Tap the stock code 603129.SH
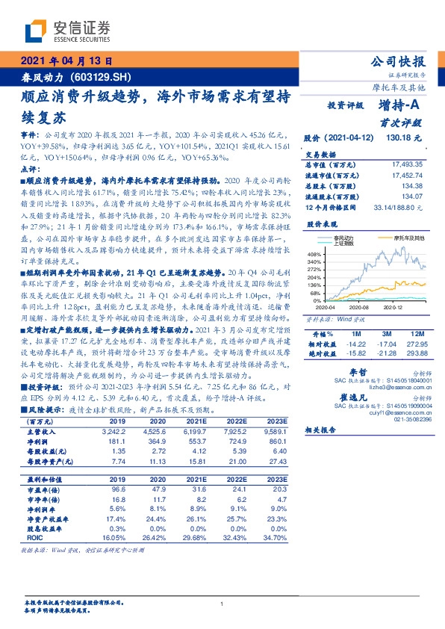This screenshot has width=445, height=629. (x=104, y=77)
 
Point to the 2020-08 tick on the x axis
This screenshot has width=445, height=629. (x=358, y=307)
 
